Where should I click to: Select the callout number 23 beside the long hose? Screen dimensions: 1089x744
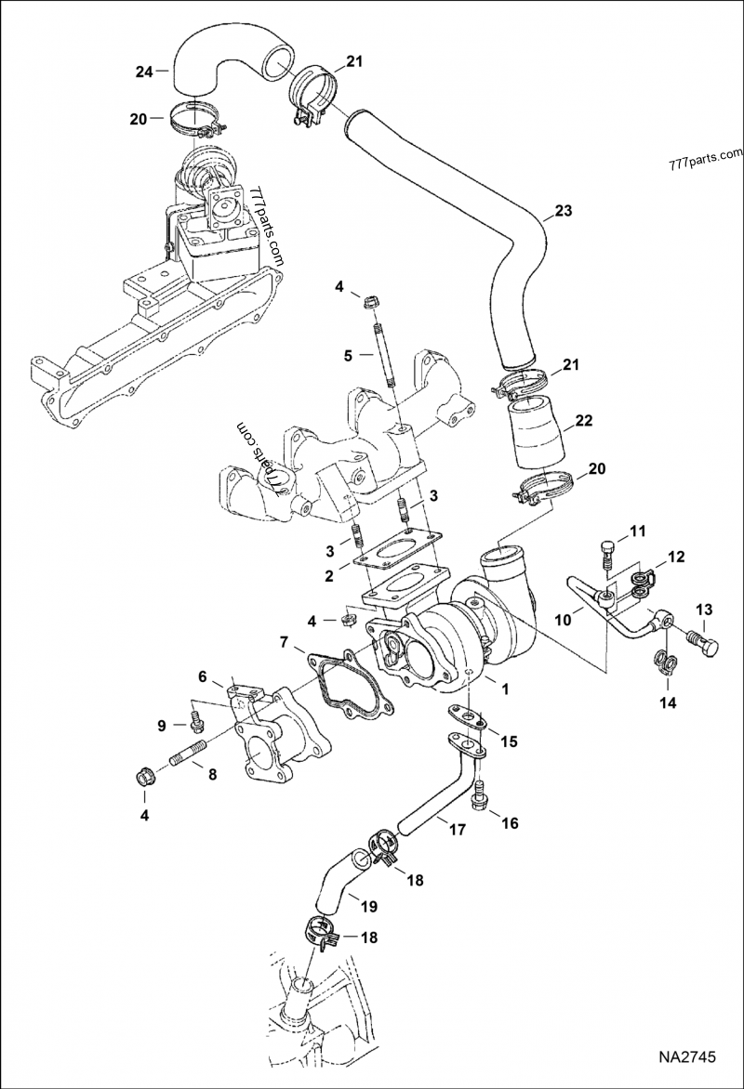click(x=564, y=212)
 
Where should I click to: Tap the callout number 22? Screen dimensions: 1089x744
click(x=583, y=421)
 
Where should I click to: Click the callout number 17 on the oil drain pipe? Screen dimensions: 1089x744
click(x=455, y=830)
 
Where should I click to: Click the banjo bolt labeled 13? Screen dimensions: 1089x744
click(x=703, y=640)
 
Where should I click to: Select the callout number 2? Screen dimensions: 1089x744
click(x=329, y=576)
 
